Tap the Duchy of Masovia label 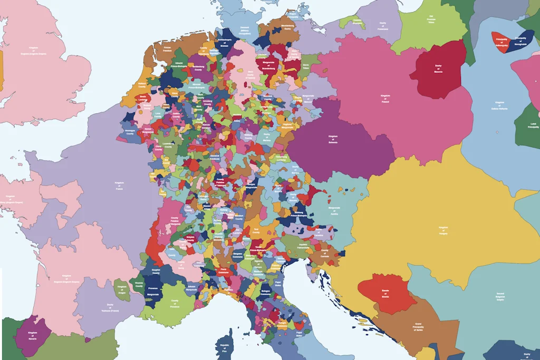click(438, 68)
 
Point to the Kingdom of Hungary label click(443, 230)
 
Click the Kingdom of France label click(119, 186)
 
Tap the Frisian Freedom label click(168, 49)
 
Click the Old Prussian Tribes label click(431, 20)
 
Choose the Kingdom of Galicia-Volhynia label click(500, 105)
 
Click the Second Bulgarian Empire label click(500, 296)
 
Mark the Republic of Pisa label click(225, 348)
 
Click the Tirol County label click(256, 231)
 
